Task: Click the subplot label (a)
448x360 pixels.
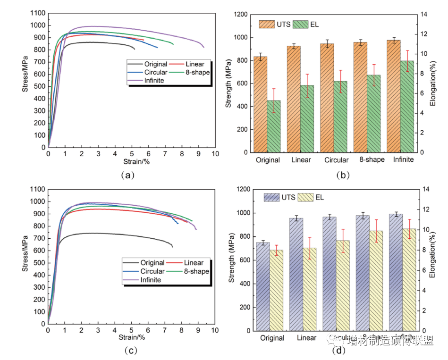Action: [x=127, y=175]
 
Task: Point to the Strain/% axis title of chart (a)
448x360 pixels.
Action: [x=131, y=162]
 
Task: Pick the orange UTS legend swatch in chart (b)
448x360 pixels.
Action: [x=267, y=24]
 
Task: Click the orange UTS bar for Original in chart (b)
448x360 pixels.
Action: [x=261, y=105]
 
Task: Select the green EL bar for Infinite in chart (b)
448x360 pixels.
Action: [x=407, y=107]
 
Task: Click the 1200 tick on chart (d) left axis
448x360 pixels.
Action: [x=247, y=190]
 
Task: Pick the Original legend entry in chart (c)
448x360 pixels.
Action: [x=152, y=263]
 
